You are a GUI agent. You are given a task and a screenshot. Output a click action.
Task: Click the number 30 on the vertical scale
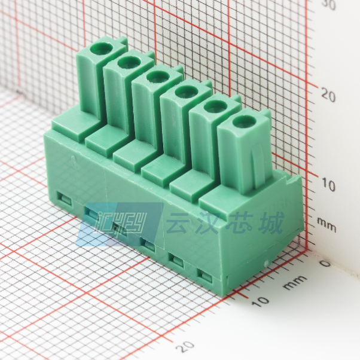click(329, 5)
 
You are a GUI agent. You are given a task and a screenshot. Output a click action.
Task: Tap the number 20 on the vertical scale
click(328, 94)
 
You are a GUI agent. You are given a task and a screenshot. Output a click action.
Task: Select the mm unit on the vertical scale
click(327, 227)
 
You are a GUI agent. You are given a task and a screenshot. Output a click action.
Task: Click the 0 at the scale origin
click(325, 263)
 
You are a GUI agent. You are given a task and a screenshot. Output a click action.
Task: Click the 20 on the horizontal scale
click(186, 347)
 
